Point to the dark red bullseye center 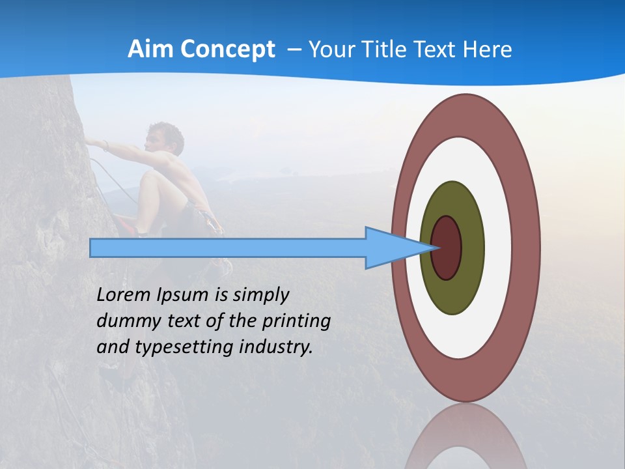446,248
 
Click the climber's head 165,138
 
